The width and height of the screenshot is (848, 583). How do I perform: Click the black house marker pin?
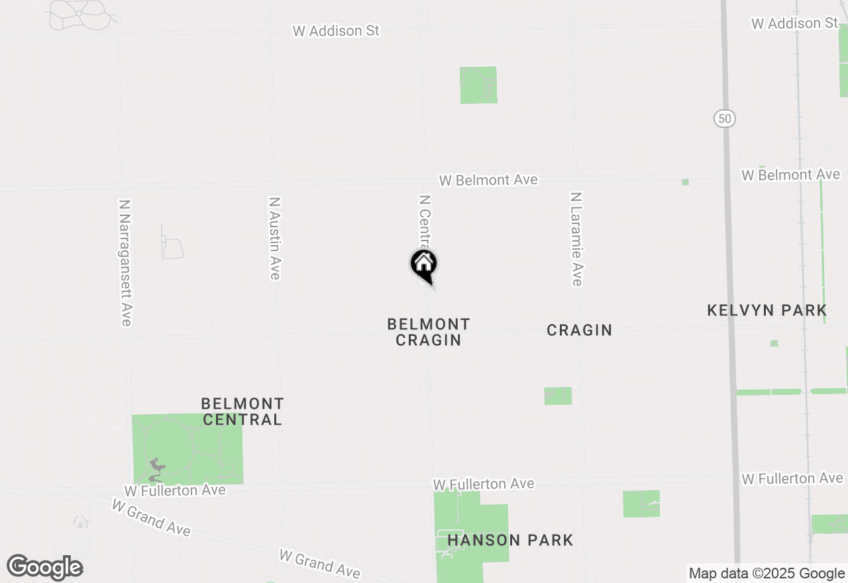[424, 265]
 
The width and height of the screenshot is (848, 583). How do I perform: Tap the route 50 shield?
[725, 119]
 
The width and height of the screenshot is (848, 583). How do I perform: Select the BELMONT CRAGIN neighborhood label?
[429, 332]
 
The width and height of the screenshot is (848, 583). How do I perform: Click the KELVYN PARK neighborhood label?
[767, 310]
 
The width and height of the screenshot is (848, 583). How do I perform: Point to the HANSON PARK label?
[510, 540]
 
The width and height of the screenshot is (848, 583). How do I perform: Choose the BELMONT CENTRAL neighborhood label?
[242, 411]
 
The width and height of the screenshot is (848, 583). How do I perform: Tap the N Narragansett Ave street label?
[125, 263]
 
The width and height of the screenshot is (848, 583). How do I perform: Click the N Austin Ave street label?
[274, 238]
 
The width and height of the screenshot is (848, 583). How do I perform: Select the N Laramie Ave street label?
[576, 239]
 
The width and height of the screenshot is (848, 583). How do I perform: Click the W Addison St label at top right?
[795, 24]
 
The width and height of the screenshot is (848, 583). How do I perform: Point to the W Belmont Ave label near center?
[488, 180]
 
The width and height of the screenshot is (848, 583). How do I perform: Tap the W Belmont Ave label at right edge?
[791, 175]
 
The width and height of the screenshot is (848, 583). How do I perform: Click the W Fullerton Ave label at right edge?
[792, 478]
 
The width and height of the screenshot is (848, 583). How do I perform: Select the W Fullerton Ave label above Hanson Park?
[484, 484]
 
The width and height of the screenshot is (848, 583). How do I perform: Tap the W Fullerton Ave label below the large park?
[175, 491]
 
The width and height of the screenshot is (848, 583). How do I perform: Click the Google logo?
[44, 568]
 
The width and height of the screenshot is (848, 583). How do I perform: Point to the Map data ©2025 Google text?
[767, 574]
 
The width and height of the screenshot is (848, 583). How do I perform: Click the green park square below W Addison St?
[478, 85]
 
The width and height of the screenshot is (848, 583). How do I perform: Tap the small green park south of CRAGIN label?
[558, 396]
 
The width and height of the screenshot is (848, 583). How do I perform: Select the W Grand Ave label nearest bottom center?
[320, 563]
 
